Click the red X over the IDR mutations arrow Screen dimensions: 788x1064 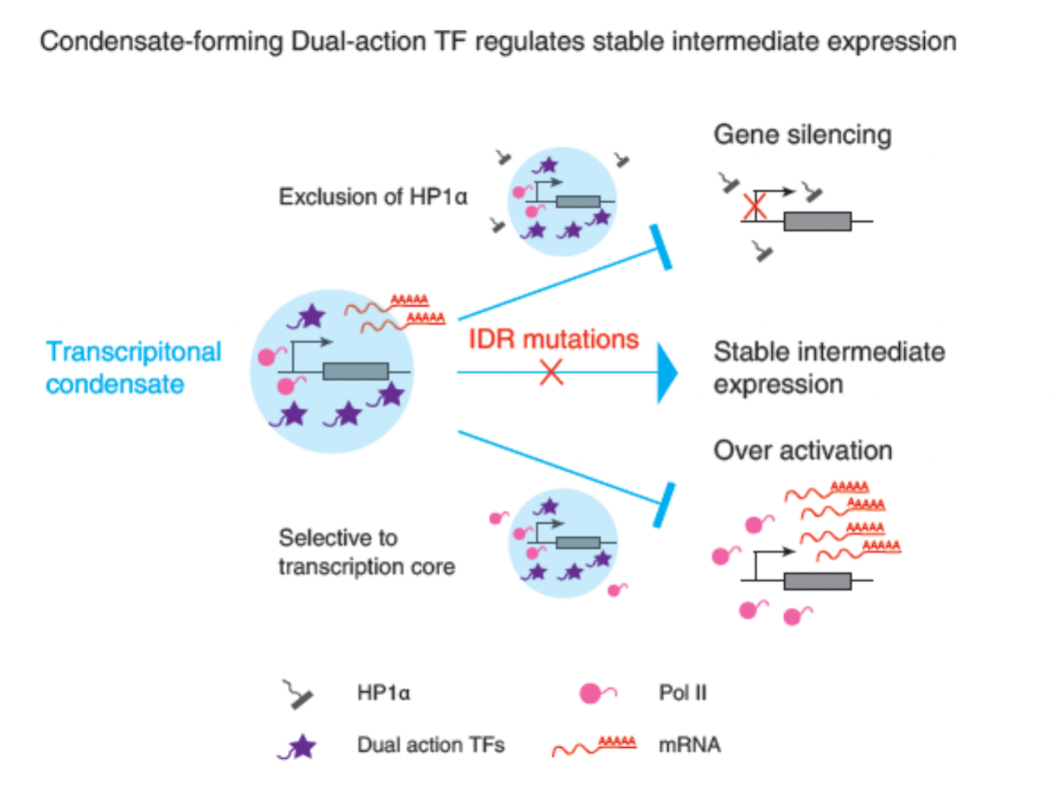tap(552, 372)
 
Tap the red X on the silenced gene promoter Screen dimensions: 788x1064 tap(754, 207)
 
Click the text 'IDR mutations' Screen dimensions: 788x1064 tap(553, 339)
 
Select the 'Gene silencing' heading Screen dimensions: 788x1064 tap(802, 134)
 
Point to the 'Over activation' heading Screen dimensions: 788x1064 tap(802, 451)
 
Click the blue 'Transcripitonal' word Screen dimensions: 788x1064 tap(134, 352)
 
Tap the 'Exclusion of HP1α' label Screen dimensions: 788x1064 tap(372, 197)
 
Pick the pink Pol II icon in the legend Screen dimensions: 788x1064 tap(596, 693)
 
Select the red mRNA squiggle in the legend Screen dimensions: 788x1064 tap(594, 746)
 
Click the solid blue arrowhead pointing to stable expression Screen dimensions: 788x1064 tap(666, 373)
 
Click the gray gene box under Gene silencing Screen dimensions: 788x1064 tap(817, 221)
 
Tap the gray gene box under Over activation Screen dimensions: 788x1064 tap(817, 581)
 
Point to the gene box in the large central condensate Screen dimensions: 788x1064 tap(355, 371)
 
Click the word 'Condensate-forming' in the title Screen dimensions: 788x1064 tap(161, 41)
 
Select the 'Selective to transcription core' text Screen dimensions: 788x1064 tap(366, 552)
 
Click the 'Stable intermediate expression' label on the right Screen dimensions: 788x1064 tap(828, 367)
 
